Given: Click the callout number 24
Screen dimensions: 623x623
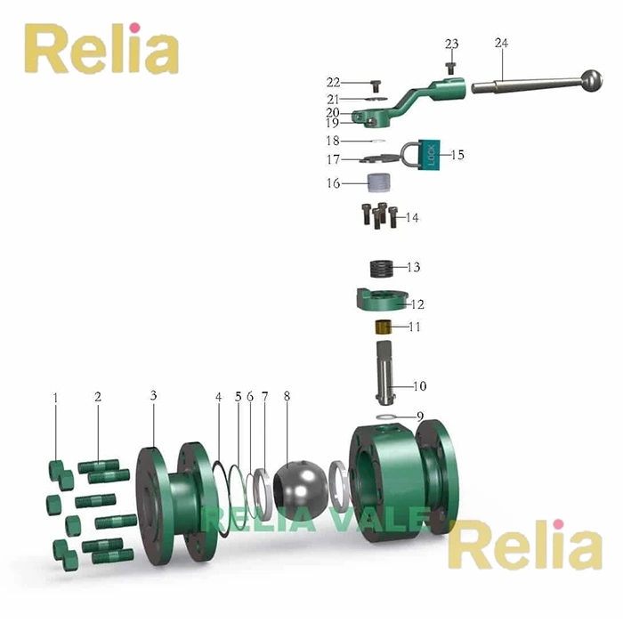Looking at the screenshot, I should pyautogui.click(x=501, y=44).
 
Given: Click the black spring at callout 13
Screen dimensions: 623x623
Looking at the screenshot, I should pyautogui.click(x=382, y=267).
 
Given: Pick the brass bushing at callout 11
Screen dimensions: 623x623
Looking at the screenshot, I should pyautogui.click(x=384, y=328).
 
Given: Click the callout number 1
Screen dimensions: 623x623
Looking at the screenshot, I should pyautogui.click(x=55, y=397).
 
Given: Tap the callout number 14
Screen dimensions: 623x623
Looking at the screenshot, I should pyautogui.click(x=412, y=217).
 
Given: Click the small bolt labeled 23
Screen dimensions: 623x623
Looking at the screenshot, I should pyautogui.click(x=452, y=65).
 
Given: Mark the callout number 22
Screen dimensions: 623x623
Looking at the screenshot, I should pyautogui.click(x=333, y=83).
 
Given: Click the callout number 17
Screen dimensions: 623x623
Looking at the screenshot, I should pyautogui.click(x=332, y=160).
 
